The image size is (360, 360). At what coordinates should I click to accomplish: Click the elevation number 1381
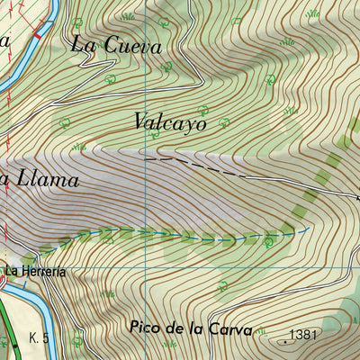305,335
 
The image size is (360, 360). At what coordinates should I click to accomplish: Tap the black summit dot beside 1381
287,341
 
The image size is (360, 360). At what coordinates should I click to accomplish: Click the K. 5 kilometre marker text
38,337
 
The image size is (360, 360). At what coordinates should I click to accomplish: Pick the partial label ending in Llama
40,180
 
